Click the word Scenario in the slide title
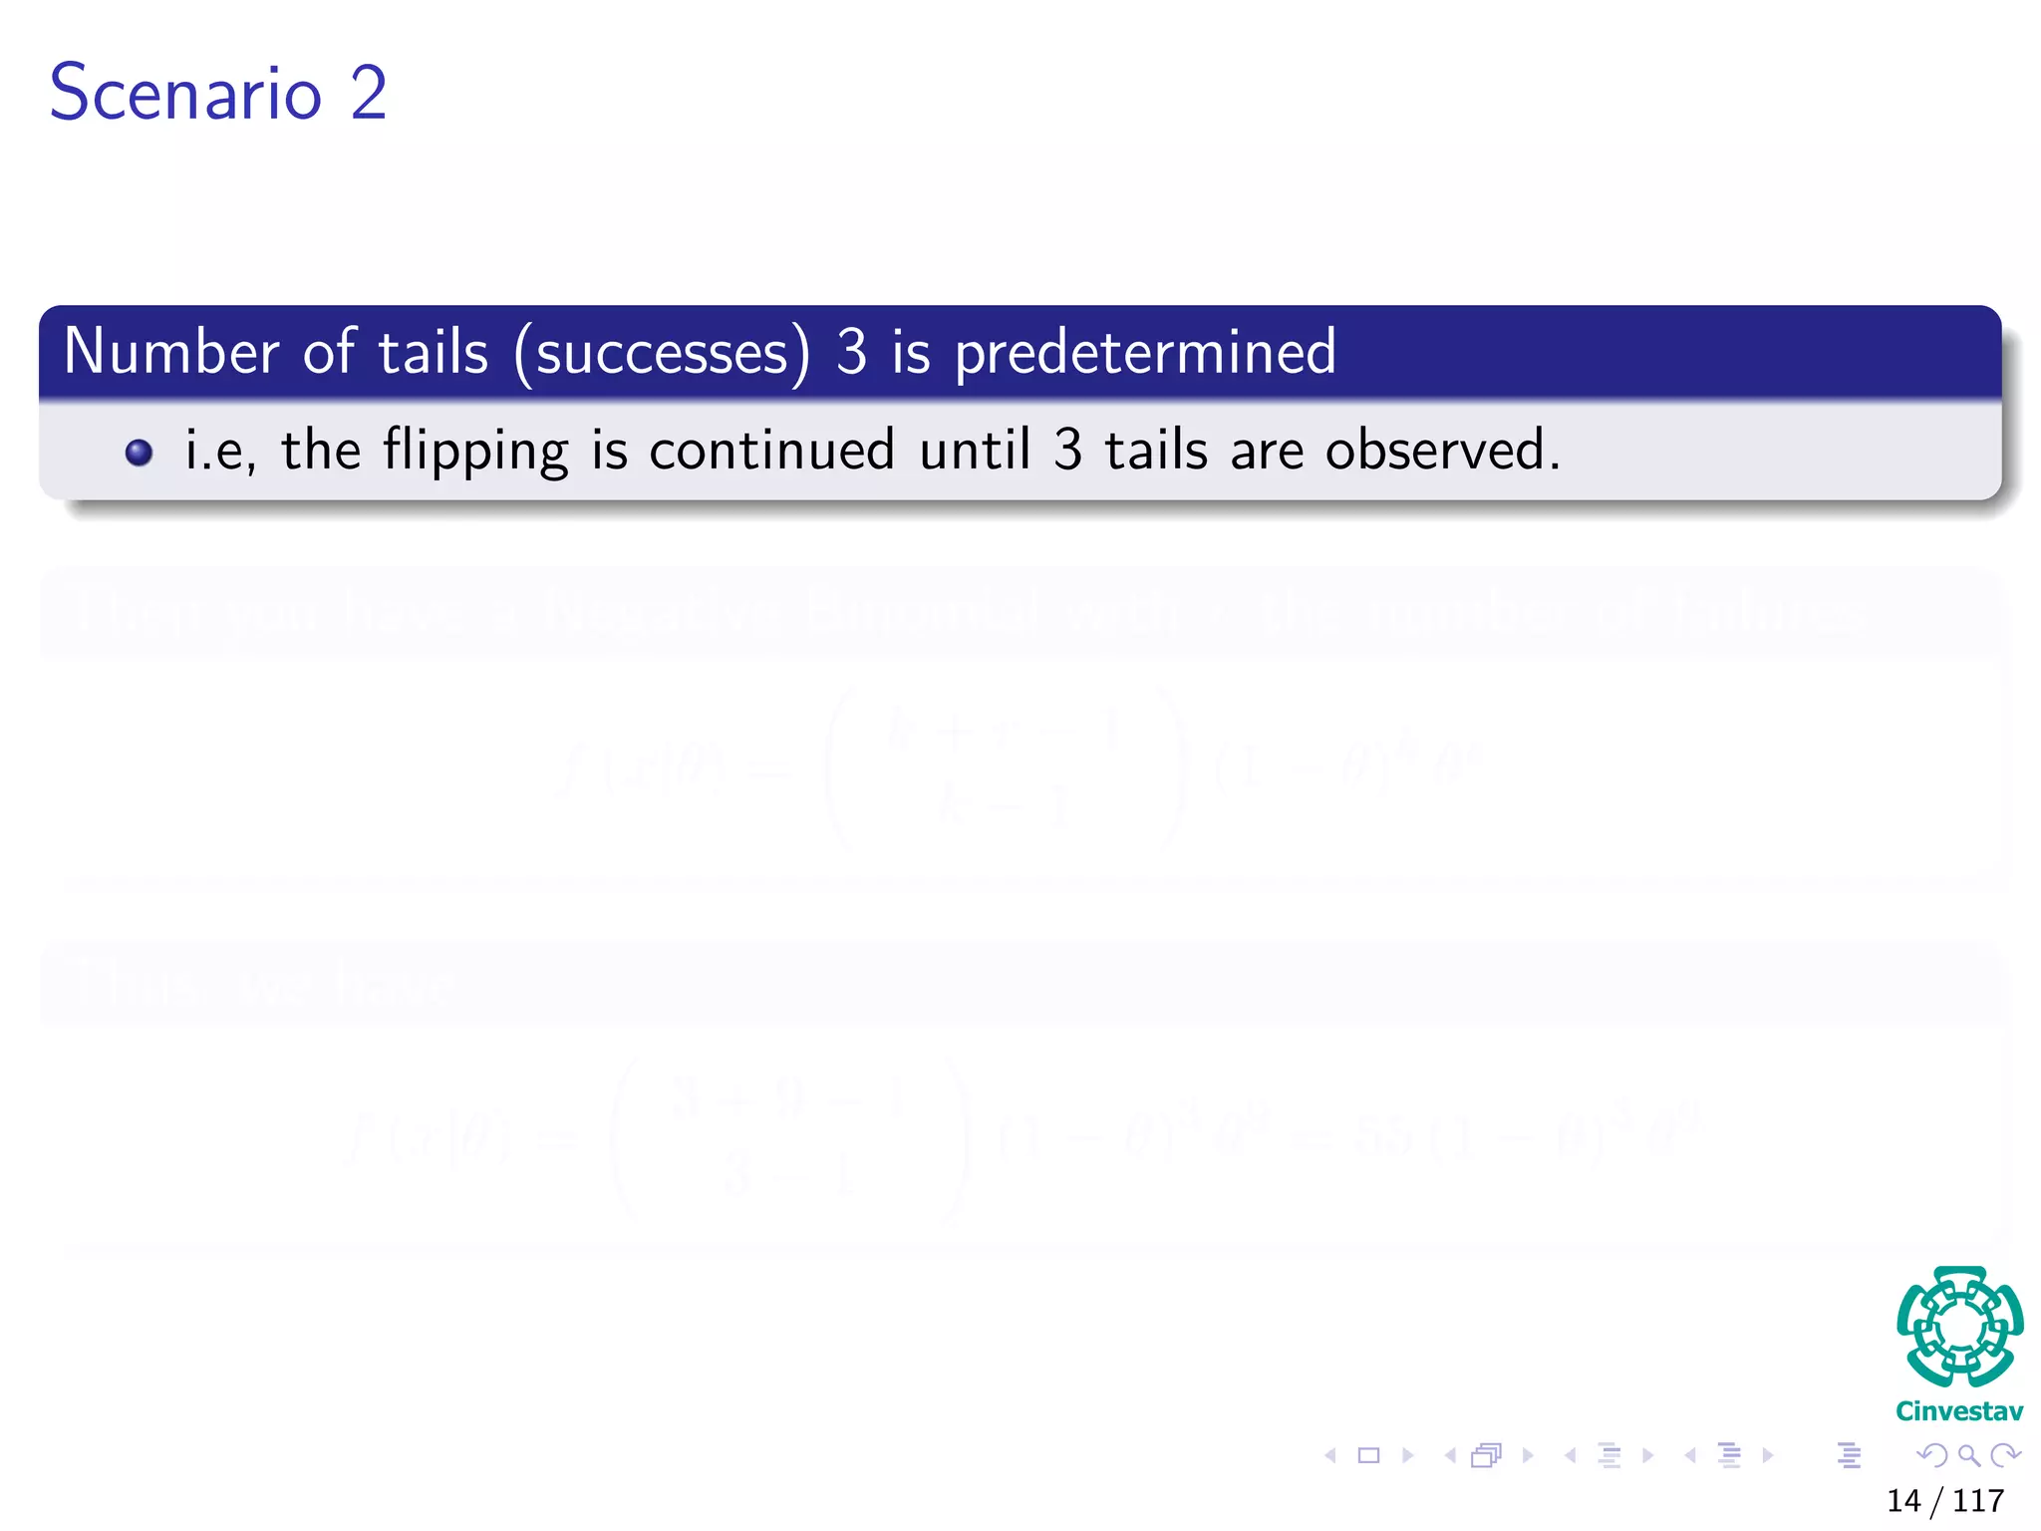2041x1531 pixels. coord(185,93)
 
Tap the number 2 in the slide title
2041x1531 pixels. coord(368,93)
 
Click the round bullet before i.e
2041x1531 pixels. coord(140,453)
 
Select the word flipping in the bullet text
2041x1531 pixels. coord(475,451)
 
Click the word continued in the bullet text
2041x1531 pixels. coord(771,451)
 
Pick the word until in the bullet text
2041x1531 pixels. coord(974,451)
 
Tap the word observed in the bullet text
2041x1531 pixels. coord(1441,451)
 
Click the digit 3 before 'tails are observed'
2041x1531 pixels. coord(1067,451)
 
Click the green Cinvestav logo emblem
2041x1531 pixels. coord(1959,1326)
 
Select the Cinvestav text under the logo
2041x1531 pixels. coord(1959,1411)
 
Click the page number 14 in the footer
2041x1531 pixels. coord(1903,1500)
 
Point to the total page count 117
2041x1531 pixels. coord(1978,1500)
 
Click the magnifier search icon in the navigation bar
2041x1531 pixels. coord(1968,1455)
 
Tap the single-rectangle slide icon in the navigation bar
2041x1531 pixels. coord(1369,1455)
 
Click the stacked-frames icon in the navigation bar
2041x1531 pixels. coord(1486,1455)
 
